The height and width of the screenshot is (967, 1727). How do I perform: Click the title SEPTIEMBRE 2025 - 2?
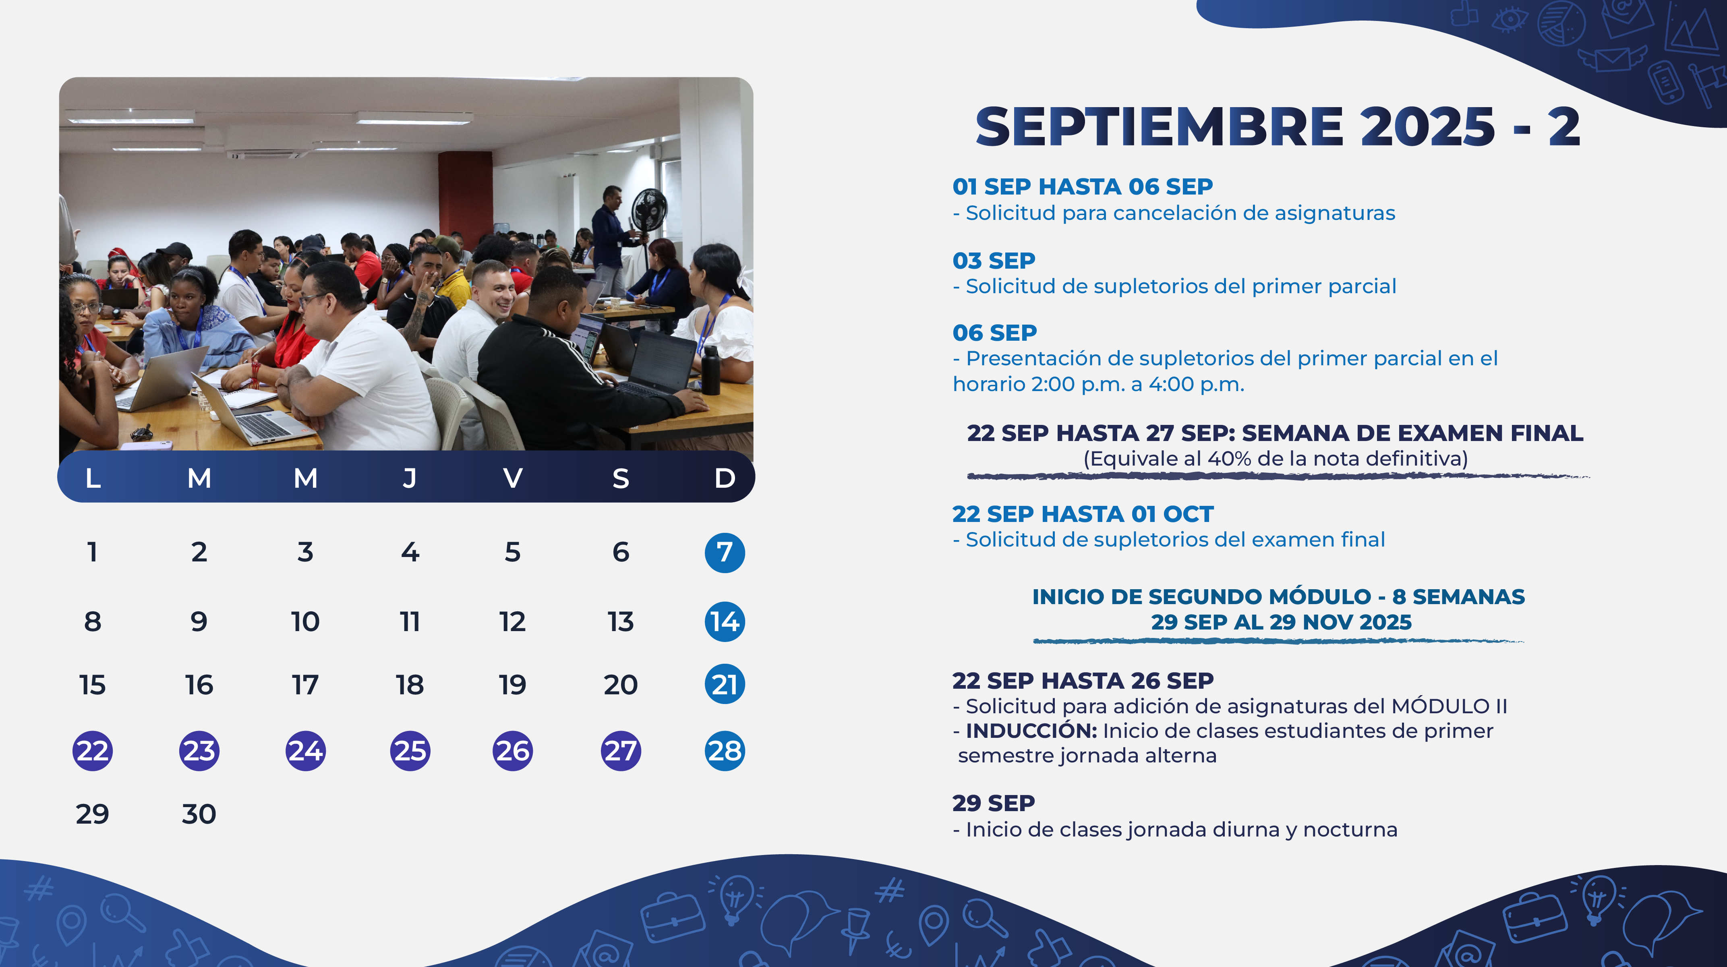click(x=1278, y=127)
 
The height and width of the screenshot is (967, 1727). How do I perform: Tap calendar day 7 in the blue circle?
click(x=725, y=553)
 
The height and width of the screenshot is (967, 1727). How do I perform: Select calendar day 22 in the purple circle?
click(x=93, y=750)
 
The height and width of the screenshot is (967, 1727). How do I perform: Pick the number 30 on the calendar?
click(x=199, y=814)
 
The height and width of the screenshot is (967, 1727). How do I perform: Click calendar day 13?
click(x=621, y=622)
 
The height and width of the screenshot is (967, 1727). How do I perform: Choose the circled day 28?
click(x=725, y=750)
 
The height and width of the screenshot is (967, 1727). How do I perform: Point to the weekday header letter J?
click(x=410, y=478)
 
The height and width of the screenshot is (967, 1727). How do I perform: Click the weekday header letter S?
click(x=621, y=478)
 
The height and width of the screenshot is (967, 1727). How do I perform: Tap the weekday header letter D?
click(x=725, y=478)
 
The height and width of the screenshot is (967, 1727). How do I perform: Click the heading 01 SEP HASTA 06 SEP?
click(x=1083, y=186)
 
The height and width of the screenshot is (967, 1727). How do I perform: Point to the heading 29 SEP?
click(x=994, y=803)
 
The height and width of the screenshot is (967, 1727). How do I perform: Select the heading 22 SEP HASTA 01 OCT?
click(x=1083, y=514)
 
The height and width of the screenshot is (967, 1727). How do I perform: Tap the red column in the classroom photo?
click(x=465, y=197)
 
